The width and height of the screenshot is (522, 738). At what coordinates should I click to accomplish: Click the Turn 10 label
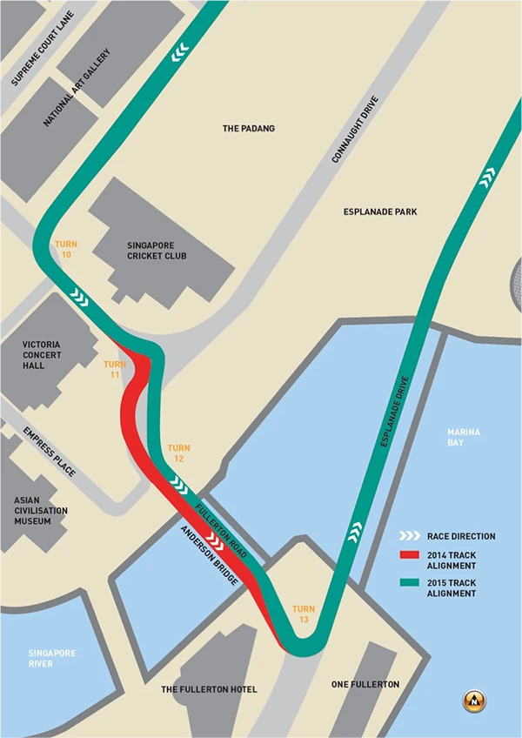66,251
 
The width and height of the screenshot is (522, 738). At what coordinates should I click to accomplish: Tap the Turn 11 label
115,369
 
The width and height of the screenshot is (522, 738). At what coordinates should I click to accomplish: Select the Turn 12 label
178,453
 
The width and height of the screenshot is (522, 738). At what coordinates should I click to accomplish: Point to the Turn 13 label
304,614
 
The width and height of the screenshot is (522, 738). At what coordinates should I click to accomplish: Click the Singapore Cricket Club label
157,251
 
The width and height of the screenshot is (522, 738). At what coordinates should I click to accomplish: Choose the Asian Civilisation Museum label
39,511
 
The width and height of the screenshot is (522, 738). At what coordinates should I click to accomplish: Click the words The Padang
249,129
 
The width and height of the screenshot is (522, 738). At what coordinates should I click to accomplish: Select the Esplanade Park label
381,211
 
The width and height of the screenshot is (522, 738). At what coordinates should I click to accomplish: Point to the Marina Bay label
464,437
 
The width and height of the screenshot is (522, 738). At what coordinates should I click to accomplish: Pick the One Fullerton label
365,684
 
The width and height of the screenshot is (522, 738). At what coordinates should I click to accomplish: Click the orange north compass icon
475,700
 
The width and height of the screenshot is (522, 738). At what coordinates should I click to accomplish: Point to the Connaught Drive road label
357,130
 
